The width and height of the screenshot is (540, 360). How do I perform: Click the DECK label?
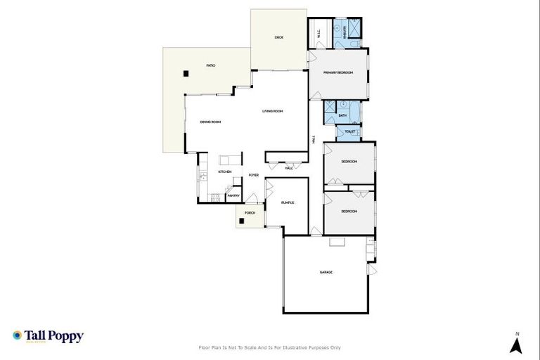point(279,37)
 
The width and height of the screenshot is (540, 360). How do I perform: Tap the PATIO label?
point(211,65)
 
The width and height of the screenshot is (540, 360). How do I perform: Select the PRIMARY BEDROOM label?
point(337,72)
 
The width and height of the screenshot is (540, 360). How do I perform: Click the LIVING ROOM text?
point(273,110)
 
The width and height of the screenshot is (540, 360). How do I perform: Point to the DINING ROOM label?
point(211,122)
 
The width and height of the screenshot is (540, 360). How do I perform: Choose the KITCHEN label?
point(225,172)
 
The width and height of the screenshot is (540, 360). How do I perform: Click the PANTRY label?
point(234,195)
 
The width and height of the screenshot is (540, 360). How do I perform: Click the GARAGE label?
point(326,272)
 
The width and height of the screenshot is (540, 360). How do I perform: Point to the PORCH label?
point(250,212)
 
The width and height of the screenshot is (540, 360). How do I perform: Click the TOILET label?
point(349,131)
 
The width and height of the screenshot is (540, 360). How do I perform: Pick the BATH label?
point(342,115)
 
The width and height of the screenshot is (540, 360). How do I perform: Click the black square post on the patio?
point(186,72)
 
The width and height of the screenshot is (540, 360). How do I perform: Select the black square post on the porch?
point(241,221)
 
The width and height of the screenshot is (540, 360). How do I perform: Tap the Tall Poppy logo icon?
point(17,336)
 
